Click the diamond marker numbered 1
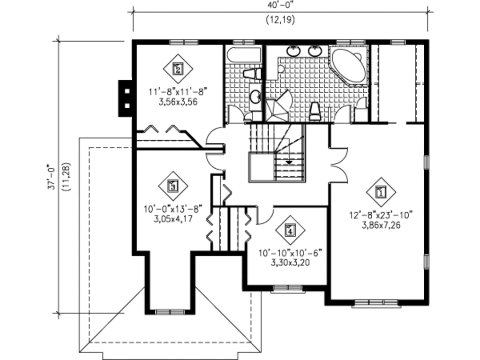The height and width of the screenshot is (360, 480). [x=381, y=192]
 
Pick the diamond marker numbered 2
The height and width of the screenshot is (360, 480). [x=178, y=69]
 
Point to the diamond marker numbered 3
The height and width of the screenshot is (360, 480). [x=173, y=186]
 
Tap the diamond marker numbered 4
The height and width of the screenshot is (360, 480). [x=290, y=230]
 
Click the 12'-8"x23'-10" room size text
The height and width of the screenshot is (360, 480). [x=381, y=215]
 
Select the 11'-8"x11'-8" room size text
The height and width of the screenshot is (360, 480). [x=178, y=91]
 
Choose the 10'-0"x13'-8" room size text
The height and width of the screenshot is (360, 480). [x=173, y=209]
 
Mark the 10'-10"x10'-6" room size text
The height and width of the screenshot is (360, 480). [x=290, y=253]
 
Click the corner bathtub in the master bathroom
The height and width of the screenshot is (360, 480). [x=348, y=65]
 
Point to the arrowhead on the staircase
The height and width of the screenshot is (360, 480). [x=289, y=162]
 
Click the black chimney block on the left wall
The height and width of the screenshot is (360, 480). [x=126, y=98]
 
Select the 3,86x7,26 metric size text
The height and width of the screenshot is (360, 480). [x=381, y=225]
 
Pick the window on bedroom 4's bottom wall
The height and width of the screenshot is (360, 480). [x=288, y=289]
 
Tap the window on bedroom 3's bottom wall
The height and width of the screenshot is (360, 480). [x=170, y=312]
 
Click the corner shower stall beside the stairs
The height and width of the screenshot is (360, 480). [x=277, y=106]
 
